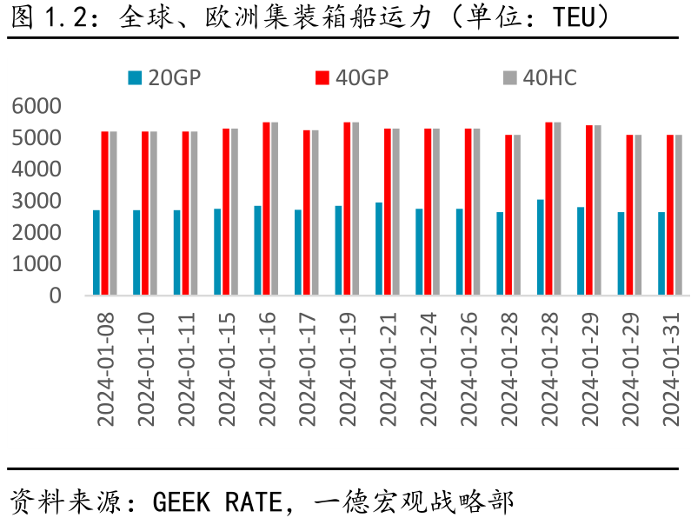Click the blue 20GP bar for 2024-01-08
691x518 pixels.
click(x=96, y=252)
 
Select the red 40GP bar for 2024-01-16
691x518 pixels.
click(x=266, y=209)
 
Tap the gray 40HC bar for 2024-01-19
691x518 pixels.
click(x=355, y=209)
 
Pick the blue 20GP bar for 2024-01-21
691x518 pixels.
click(x=379, y=249)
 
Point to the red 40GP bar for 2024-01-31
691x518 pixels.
click(x=670, y=215)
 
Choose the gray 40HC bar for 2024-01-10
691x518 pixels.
click(x=153, y=213)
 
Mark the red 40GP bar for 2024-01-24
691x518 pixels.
click(x=428, y=211)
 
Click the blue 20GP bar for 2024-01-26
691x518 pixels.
click(x=460, y=251)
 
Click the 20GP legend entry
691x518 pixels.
click(x=164, y=78)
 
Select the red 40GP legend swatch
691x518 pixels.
click(x=322, y=78)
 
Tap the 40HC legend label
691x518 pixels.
click(x=549, y=78)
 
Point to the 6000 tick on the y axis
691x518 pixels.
click(x=37, y=106)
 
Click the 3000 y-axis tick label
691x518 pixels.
click(x=37, y=201)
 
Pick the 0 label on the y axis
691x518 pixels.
click(x=55, y=296)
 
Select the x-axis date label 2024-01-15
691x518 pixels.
click(x=227, y=369)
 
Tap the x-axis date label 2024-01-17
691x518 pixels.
click(x=307, y=369)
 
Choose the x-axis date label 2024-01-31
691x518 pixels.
click(x=671, y=369)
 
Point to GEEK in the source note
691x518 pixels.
click(x=181, y=502)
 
